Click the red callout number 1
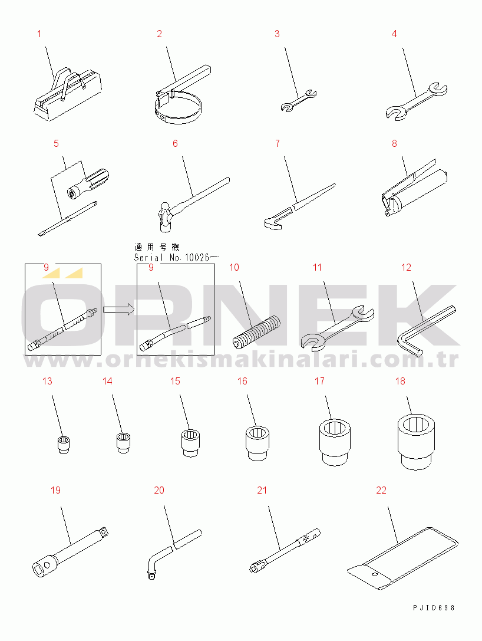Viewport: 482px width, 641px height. tap(39, 34)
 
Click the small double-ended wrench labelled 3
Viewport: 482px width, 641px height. tap(299, 100)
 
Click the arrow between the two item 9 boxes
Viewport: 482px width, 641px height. tap(118, 309)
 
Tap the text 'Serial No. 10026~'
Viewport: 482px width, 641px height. tap(176, 258)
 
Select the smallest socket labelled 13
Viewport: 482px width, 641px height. tap(63, 445)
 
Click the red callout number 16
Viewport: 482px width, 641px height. tap(242, 381)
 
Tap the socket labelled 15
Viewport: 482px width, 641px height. tap(190, 442)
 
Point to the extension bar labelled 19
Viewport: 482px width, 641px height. tap(70, 551)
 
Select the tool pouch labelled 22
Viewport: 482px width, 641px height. tap(403, 558)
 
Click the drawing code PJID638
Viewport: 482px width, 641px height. tap(434, 607)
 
